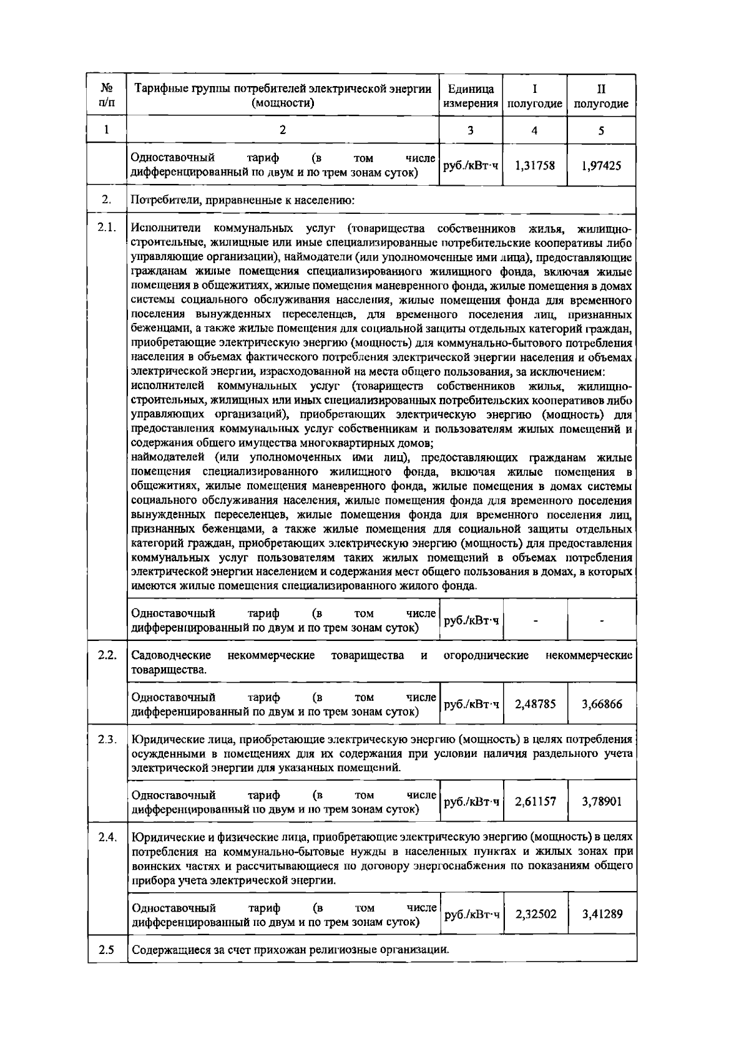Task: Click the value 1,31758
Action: click(534, 166)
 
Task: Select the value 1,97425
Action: click(600, 166)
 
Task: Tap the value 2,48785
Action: click(535, 704)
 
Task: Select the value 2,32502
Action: click(536, 914)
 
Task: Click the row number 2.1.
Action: click(107, 227)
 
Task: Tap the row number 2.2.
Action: click(107, 656)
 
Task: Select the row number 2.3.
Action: click(107, 739)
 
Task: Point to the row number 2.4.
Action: click(107, 837)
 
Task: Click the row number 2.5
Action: click(107, 950)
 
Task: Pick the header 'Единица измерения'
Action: click(471, 96)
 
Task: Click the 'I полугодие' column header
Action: click(534, 96)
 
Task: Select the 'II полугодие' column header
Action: click(600, 96)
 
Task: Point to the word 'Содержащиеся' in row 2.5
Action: click(169, 951)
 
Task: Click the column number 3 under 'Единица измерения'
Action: click(470, 130)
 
